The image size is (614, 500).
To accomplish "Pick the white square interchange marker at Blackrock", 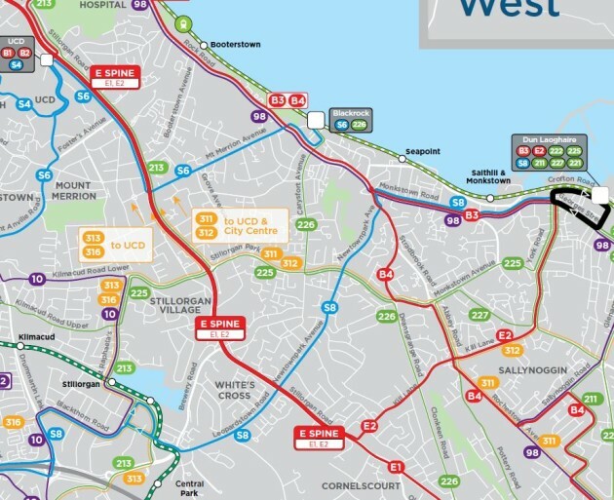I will pyautogui.click(x=315, y=120).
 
